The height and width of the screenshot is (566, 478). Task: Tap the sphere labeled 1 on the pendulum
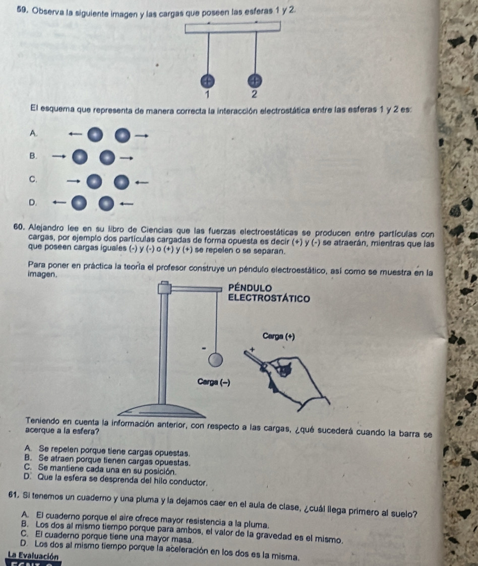point(208,81)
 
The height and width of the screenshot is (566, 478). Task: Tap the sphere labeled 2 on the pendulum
point(255,81)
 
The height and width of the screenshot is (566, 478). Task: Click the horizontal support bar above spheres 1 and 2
point(232,27)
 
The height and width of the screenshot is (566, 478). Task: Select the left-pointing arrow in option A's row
point(75,134)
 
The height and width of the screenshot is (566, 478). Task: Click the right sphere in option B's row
point(107,158)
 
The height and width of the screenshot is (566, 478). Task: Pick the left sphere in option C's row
point(94,182)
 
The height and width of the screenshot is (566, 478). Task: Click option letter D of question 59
point(33,202)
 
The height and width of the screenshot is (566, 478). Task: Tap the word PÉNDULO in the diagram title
point(250,288)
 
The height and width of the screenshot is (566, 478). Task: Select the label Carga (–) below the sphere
point(214,382)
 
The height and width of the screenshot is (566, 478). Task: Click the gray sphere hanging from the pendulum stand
point(215,360)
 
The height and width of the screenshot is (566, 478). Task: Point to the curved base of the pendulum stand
point(163,411)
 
